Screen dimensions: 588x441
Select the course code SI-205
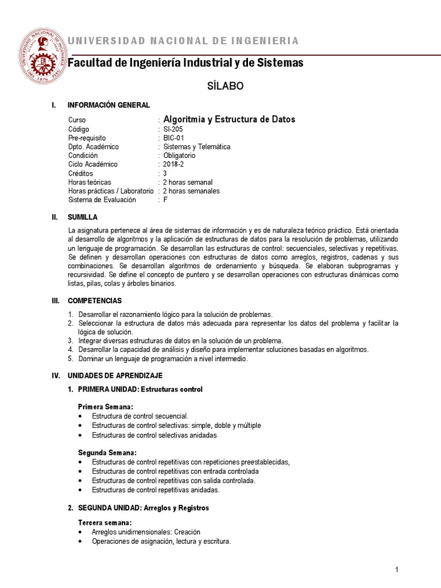(173, 129)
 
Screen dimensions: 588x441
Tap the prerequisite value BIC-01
(174, 138)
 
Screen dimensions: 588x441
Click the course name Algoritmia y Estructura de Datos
(229, 119)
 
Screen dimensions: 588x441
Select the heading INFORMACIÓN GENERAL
(109, 105)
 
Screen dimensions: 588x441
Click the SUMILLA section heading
(83, 217)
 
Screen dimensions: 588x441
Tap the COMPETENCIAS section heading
(95, 301)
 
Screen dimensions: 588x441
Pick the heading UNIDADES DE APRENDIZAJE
(115, 376)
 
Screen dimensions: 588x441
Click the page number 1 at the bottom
(396, 569)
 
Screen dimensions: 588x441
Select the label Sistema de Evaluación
(102, 199)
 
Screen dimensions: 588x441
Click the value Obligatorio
(179, 156)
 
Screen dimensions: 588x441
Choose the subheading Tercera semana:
(105, 523)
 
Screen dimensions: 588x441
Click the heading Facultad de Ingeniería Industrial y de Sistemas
(185, 63)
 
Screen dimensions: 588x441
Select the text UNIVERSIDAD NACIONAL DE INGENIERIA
(183, 41)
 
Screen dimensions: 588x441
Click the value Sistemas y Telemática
(197, 147)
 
